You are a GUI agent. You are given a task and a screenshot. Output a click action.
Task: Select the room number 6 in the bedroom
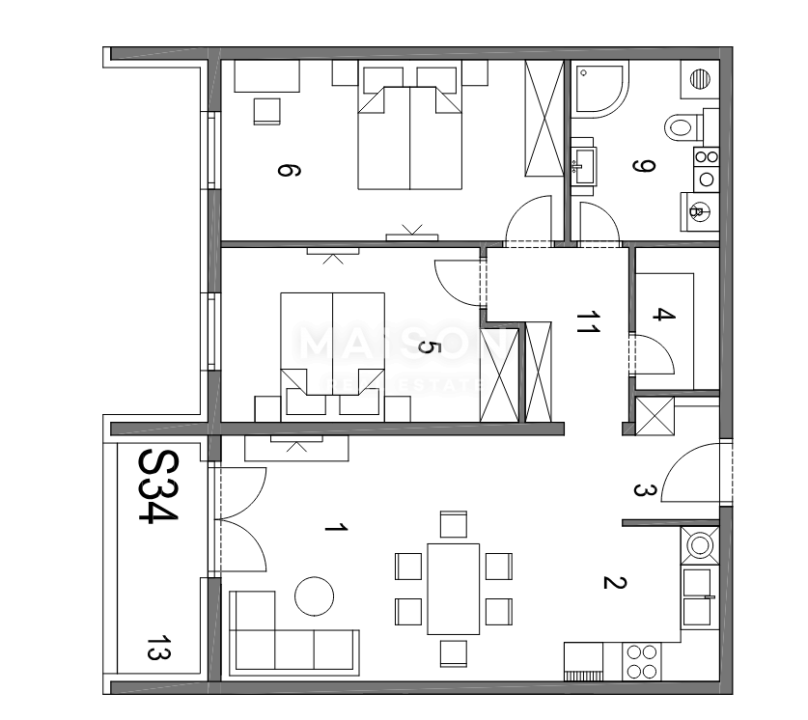[287, 171]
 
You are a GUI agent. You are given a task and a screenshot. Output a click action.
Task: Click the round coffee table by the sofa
[315, 595]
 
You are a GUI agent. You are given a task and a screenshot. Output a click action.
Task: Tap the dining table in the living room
[453, 589]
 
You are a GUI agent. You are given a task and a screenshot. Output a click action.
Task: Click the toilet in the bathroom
[685, 125]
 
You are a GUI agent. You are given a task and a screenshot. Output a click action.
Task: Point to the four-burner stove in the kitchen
[643, 662]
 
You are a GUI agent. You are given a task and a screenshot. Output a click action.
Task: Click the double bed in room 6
[409, 135]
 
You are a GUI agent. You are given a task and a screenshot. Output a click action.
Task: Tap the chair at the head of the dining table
[453, 524]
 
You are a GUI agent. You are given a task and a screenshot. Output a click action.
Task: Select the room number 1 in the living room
[334, 528]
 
